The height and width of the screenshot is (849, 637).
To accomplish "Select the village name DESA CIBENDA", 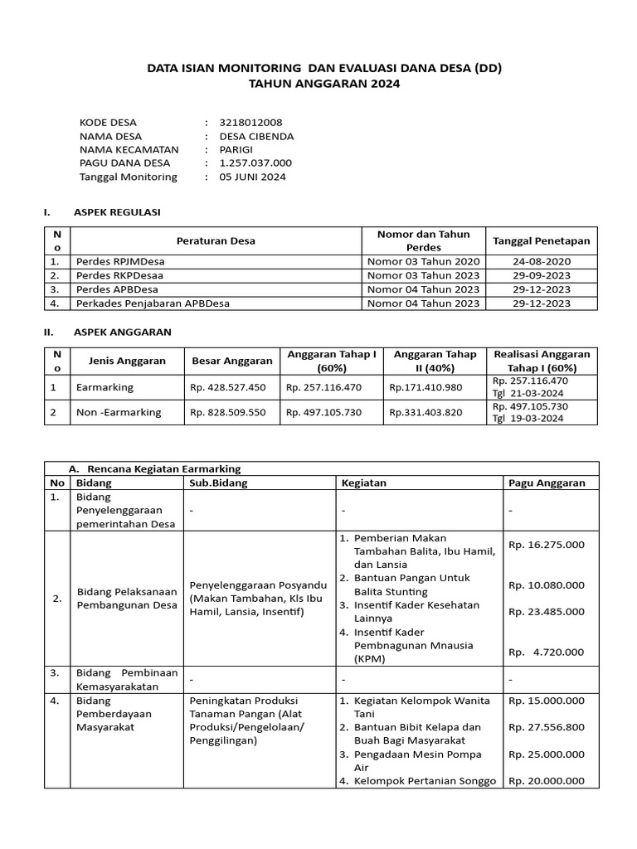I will click(x=256, y=136).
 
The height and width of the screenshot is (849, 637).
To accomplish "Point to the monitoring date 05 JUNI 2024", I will click(x=253, y=177).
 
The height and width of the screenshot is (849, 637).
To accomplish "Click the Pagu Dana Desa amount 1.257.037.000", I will click(x=255, y=163).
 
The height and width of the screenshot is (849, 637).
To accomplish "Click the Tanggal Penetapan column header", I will click(x=542, y=241).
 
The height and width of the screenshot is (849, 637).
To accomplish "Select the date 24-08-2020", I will click(x=542, y=261).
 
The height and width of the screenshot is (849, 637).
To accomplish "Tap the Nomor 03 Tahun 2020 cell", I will click(x=423, y=261).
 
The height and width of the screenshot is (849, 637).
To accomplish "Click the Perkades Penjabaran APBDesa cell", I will click(x=153, y=303).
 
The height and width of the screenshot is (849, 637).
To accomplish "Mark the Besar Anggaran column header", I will click(x=232, y=361).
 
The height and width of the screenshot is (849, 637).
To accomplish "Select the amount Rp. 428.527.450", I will click(x=228, y=387).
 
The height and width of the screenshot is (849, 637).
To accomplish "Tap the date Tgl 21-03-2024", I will click(x=528, y=393).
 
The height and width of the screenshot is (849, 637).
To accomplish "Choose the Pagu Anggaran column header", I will click(x=547, y=483).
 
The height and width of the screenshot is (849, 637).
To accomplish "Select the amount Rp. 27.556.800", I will click(x=547, y=727).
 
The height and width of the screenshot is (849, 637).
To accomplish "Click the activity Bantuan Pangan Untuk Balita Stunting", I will click(x=413, y=585).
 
